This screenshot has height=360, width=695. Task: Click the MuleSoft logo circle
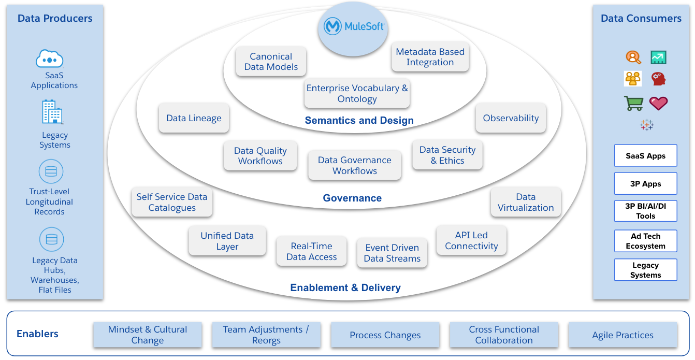(x=354, y=27)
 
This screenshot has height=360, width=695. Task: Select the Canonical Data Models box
(x=270, y=62)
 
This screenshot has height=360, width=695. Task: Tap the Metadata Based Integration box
(x=430, y=57)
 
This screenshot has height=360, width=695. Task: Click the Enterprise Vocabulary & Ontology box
(x=357, y=94)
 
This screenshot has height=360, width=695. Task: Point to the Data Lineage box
(x=194, y=118)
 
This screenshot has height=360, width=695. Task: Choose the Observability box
(x=510, y=118)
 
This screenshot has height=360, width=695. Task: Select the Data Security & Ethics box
(x=447, y=155)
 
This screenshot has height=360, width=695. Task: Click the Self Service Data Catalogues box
(x=172, y=203)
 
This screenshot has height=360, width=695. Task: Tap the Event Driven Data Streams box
(x=392, y=253)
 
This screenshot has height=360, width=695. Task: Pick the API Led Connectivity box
(x=471, y=241)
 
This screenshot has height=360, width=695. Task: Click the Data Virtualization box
(x=525, y=203)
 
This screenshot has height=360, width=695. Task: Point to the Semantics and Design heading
(x=359, y=121)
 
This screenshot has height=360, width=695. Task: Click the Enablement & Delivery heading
(x=345, y=288)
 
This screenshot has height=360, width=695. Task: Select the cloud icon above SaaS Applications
(x=50, y=59)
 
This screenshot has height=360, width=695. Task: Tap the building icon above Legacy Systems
(x=52, y=112)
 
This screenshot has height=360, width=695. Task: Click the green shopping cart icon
(x=633, y=103)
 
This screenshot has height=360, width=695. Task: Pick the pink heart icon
(x=658, y=103)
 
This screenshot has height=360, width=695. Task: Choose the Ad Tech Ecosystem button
(x=645, y=241)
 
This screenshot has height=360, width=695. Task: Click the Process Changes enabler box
(x=385, y=335)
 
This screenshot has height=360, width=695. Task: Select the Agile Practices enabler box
(x=622, y=335)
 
